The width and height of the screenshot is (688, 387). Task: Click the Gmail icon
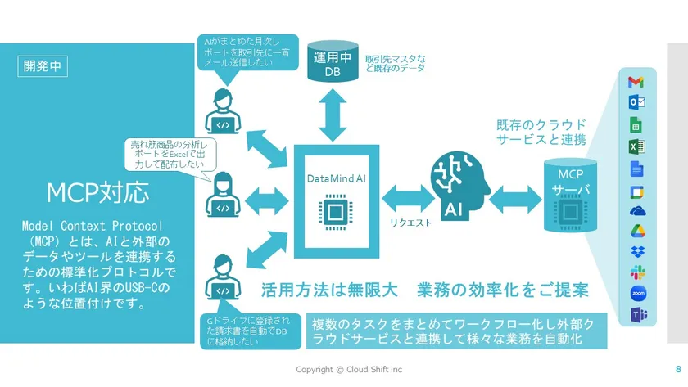click(x=636, y=82)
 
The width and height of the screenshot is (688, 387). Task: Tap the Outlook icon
click(x=636, y=102)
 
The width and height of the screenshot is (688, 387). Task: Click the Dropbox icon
click(x=636, y=250)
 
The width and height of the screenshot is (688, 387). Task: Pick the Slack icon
click(x=636, y=272)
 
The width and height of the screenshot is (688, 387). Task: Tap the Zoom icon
click(x=636, y=293)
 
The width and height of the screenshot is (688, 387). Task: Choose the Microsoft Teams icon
click(x=636, y=314)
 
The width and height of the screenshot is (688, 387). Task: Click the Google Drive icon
click(x=636, y=231)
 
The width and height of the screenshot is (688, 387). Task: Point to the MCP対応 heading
click(x=97, y=194)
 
